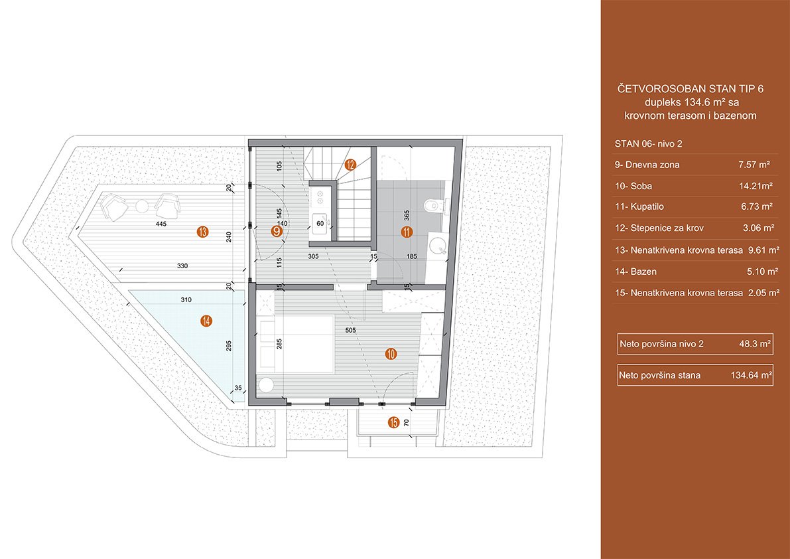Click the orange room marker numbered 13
coord(203,232)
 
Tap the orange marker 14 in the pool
coord(206,321)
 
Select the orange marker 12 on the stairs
coord(350,165)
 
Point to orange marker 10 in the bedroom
coord(391,355)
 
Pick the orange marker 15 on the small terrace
coord(394,422)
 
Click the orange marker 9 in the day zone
coord(276,231)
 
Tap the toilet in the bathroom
coord(435,206)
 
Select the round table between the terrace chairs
coord(142,206)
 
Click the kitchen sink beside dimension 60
coord(319,222)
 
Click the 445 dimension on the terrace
coord(161,223)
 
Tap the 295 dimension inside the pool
coord(230,345)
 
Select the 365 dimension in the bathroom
coord(407,216)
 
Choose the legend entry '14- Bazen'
coord(636,272)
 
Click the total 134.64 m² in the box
coord(752,375)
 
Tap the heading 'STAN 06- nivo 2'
coord(649,143)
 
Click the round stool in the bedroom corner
coord(265,386)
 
